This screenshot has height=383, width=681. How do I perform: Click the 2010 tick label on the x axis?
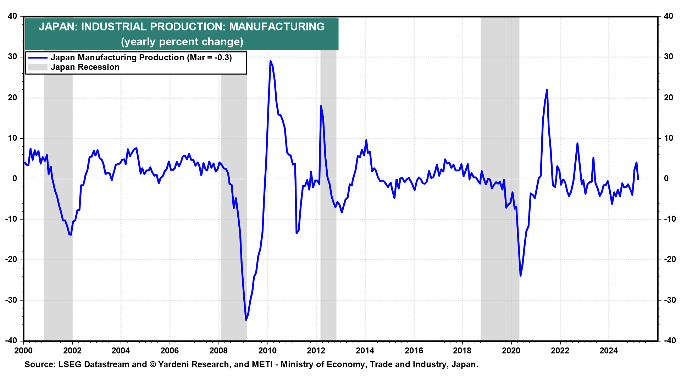click(267, 351)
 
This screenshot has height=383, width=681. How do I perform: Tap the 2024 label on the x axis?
click(608, 351)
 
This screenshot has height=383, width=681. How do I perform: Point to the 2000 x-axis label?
click(23, 351)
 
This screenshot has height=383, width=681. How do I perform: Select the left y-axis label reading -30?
click(11, 300)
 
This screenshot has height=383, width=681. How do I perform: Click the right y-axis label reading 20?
click(668, 98)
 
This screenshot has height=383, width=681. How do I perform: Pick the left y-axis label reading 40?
click(12, 16)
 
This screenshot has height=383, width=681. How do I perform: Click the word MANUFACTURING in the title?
click(277, 27)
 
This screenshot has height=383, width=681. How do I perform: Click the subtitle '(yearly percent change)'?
click(182, 42)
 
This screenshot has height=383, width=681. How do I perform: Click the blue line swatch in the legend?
click(38, 58)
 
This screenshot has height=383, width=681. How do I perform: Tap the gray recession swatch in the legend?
click(38, 67)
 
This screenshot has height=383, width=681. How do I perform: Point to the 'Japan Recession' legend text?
click(85, 67)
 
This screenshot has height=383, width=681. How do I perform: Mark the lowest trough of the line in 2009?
click(246, 320)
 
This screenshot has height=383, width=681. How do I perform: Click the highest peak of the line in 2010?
click(270, 61)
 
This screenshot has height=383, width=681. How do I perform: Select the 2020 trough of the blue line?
click(520, 276)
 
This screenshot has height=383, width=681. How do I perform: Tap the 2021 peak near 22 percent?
click(547, 90)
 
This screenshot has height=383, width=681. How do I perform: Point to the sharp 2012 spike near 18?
click(321, 106)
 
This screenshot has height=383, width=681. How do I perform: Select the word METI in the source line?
click(261, 365)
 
